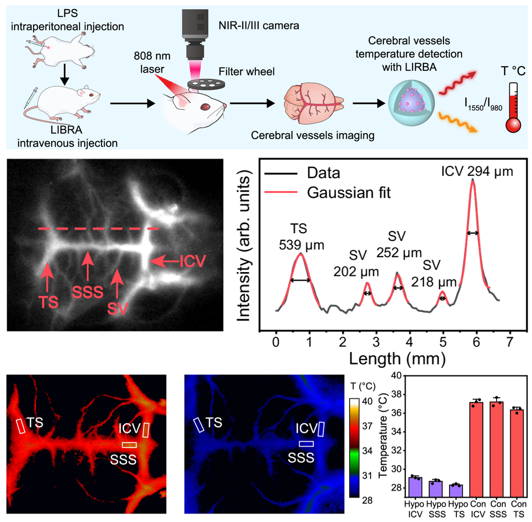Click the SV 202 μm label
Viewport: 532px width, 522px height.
355,265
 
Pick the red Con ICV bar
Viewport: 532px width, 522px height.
476,450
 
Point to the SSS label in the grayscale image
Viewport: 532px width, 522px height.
87,292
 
